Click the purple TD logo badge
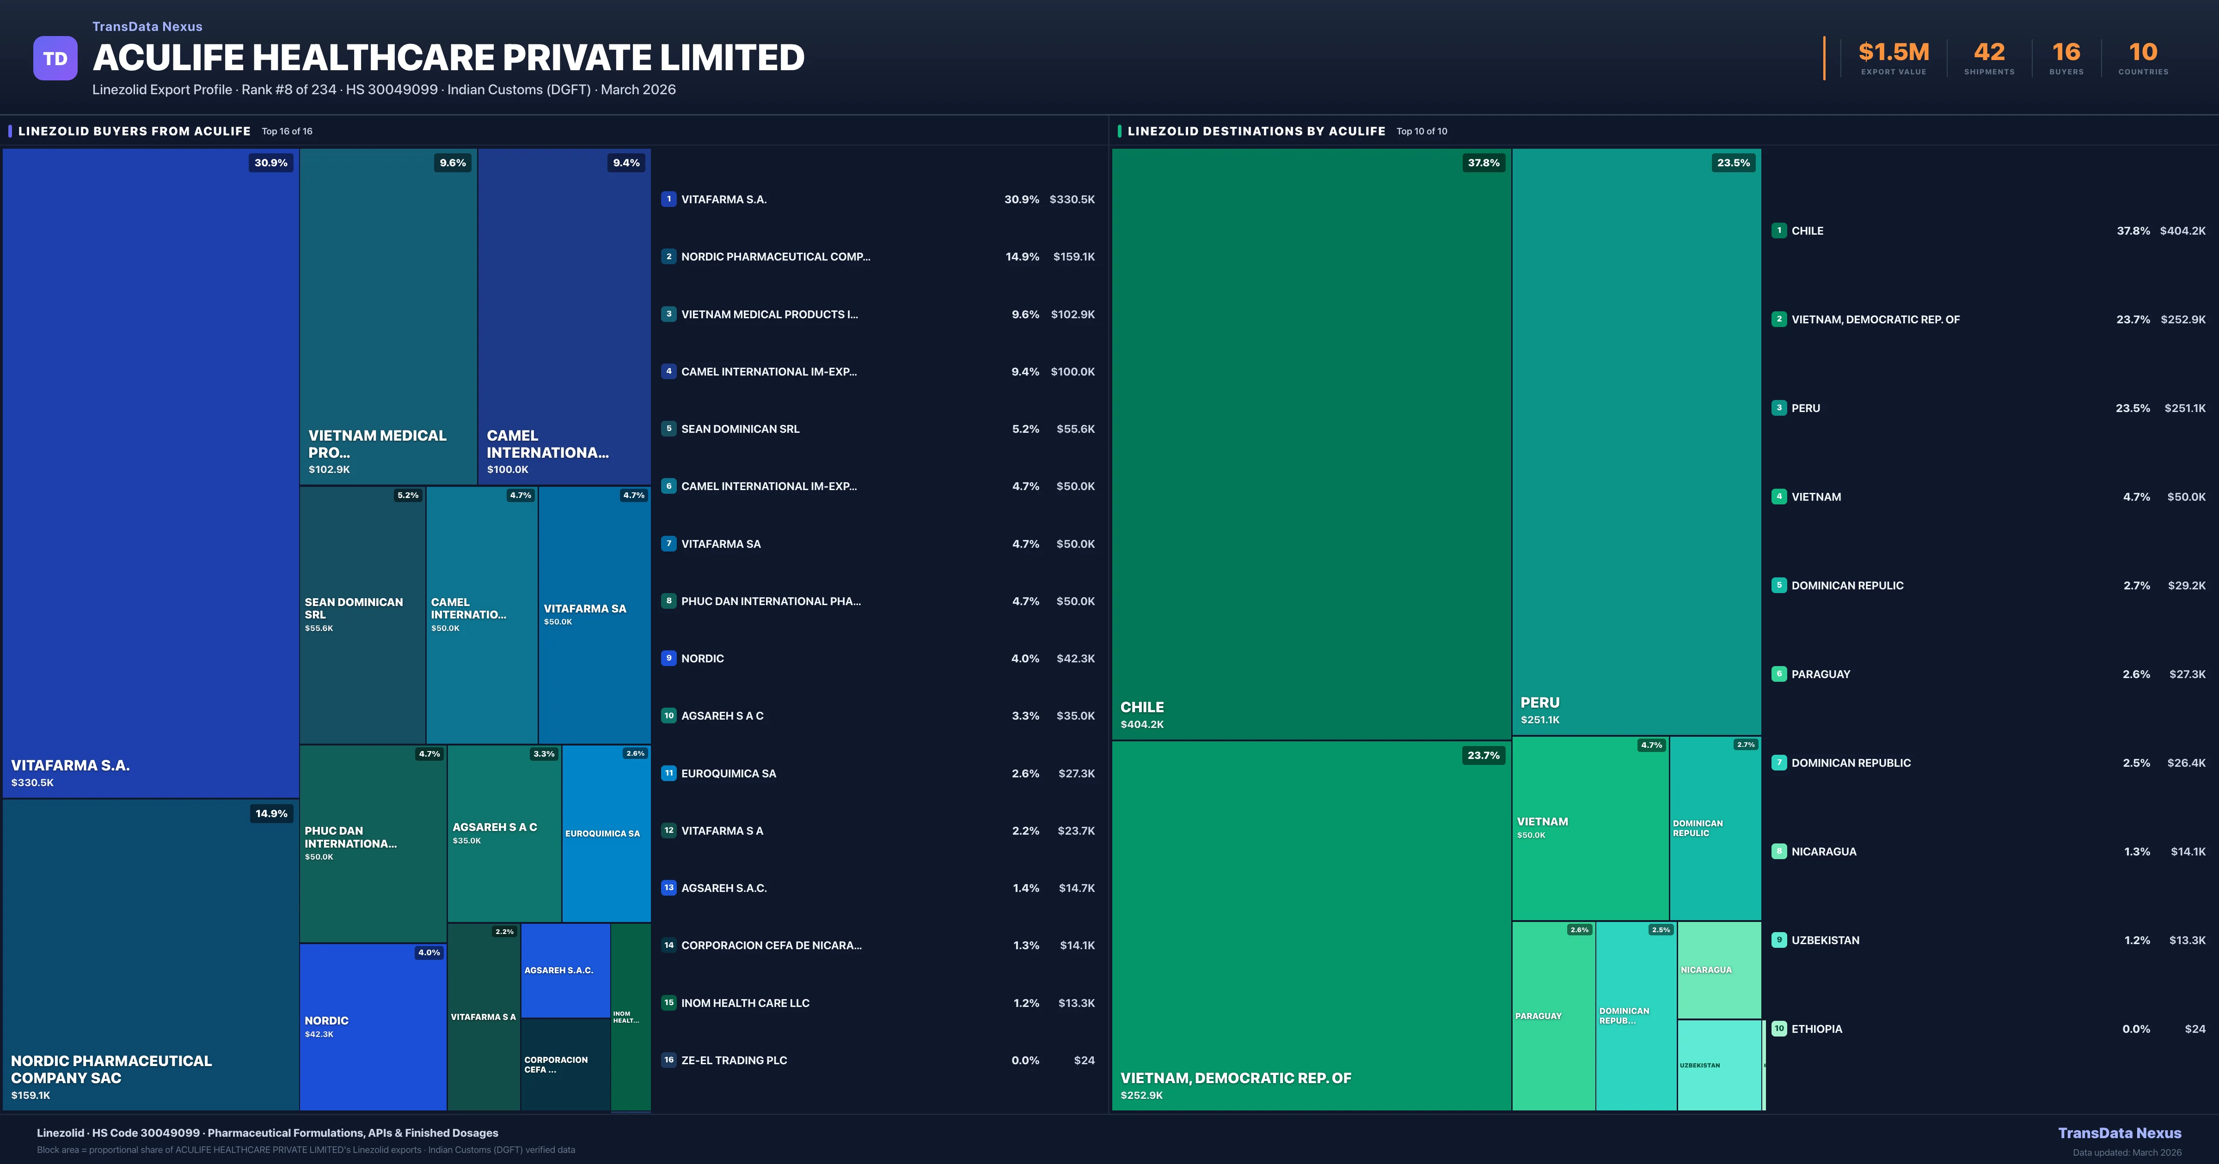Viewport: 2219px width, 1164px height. tap(55, 59)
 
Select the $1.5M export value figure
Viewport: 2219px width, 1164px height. tap(1894, 53)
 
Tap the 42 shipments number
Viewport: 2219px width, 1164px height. tap(1989, 53)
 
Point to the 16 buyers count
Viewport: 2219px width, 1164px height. tap(2066, 53)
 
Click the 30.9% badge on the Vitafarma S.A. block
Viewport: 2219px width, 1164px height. tap(270, 163)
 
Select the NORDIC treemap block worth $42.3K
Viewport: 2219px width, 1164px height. tap(372, 1026)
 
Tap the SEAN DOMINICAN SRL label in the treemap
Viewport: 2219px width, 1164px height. tap(353, 608)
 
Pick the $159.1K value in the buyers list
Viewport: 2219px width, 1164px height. tap(1073, 256)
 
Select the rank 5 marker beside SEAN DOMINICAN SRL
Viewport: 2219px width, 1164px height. tap(668, 429)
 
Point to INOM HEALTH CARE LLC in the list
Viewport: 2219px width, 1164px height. tap(745, 1003)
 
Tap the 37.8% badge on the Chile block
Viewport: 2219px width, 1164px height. tap(1483, 163)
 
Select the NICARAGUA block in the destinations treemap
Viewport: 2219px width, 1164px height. tap(1718, 970)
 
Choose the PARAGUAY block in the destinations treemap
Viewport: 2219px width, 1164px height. tap(1552, 1016)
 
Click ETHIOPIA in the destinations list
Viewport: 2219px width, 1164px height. tap(1817, 1029)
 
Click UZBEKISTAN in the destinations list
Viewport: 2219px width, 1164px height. tap(1825, 940)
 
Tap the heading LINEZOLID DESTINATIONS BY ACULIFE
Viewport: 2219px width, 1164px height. tap(1256, 131)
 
